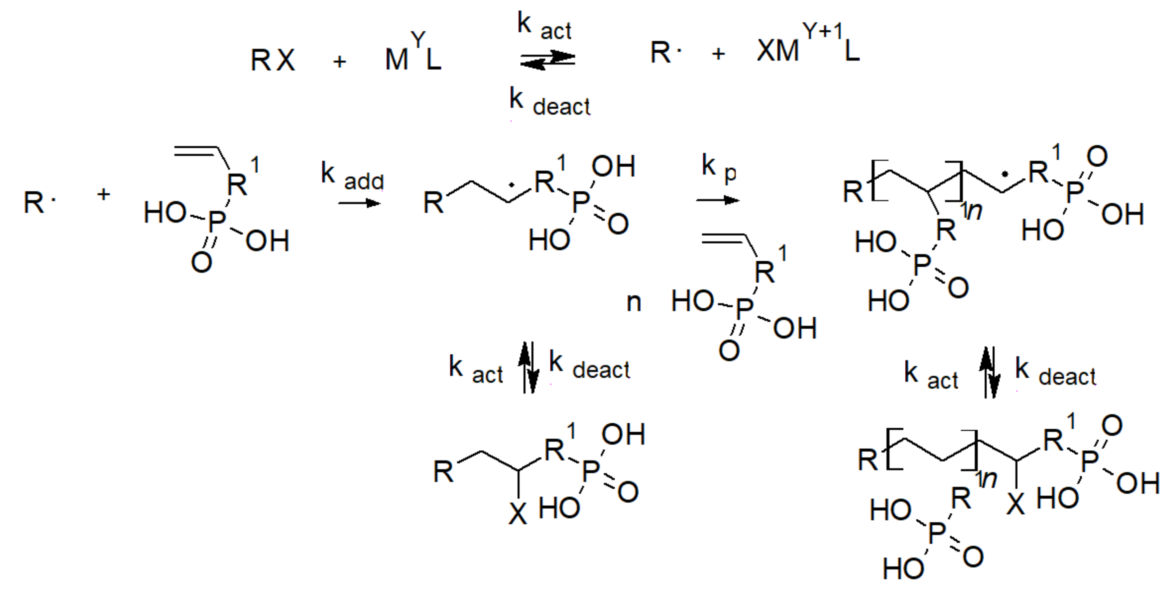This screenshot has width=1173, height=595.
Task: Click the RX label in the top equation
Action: coord(273,60)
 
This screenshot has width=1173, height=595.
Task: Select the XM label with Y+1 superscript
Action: coord(778,51)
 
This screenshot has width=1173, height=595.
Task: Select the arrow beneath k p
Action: coord(718,200)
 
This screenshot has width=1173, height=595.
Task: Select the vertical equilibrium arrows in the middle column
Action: coord(528,368)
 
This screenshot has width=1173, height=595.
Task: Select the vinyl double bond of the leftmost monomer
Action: coord(196,151)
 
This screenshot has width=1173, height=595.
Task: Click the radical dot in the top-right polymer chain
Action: coord(1005,174)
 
